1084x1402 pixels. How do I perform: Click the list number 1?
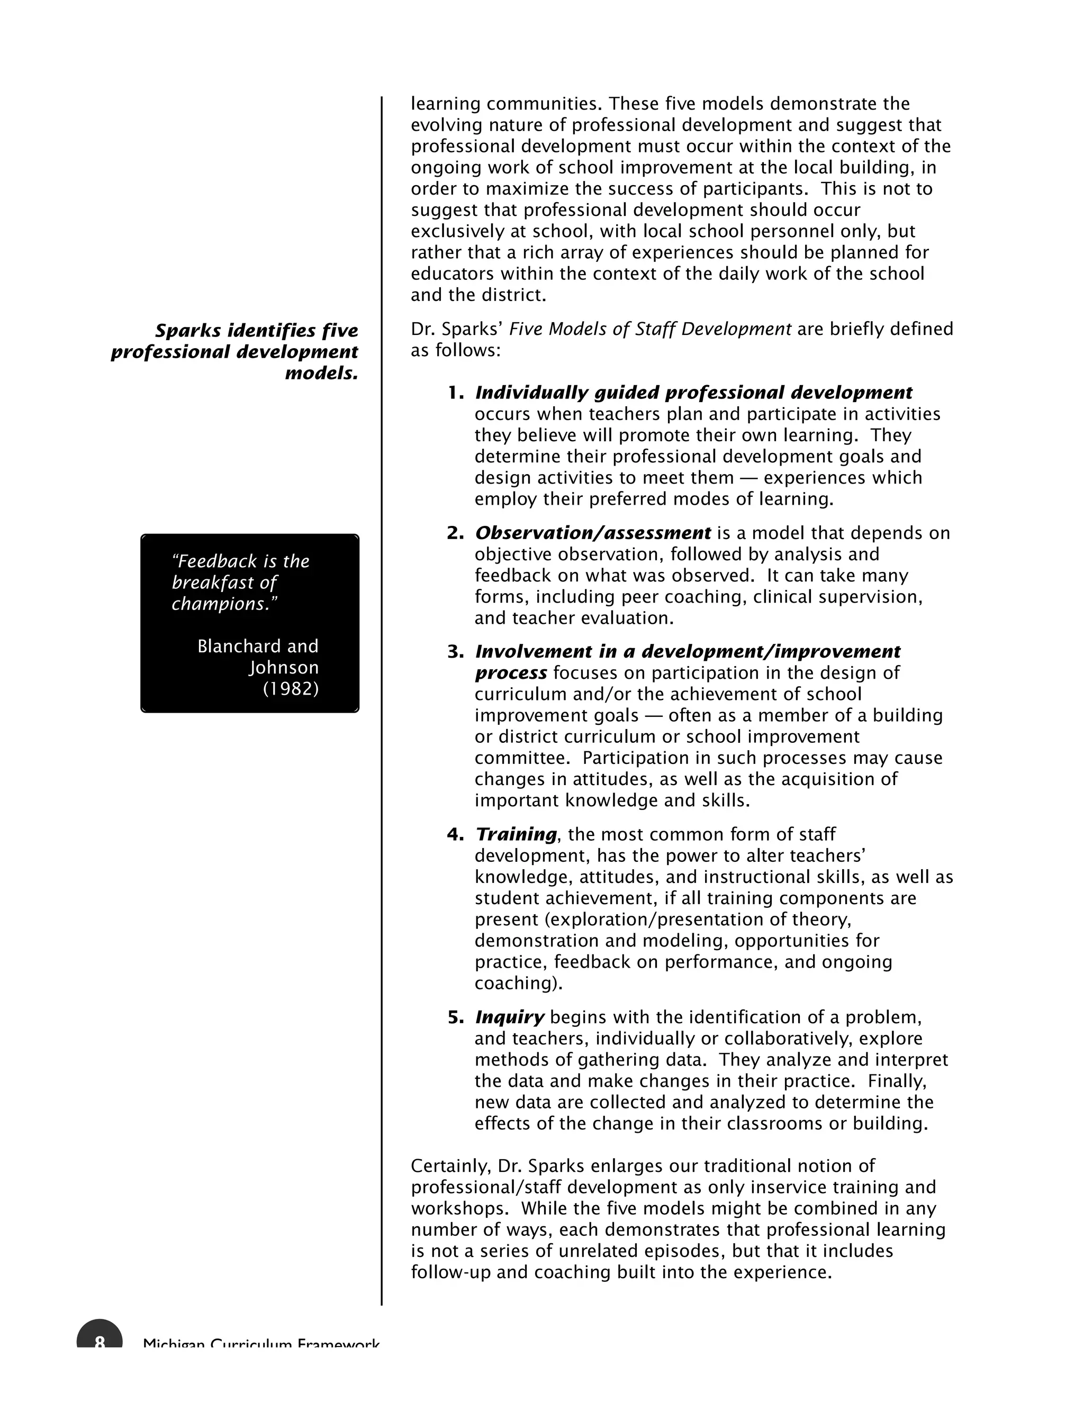point(455,393)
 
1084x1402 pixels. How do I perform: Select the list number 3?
point(455,652)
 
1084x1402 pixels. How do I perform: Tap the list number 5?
point(455,1017)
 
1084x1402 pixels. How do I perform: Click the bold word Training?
point(516,834)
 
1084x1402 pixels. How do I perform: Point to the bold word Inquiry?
point(509,1017)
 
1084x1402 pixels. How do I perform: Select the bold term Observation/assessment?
point(592,533)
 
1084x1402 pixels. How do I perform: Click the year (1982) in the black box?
point(291,689)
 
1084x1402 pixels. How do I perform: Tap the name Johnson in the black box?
point(284,668)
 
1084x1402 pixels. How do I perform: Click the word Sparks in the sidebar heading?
point(188,331)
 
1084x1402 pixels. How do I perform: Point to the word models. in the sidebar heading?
point(321,373)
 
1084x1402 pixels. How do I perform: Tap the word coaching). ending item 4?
point(518,984)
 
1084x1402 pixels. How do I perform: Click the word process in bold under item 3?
point(511,673)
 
